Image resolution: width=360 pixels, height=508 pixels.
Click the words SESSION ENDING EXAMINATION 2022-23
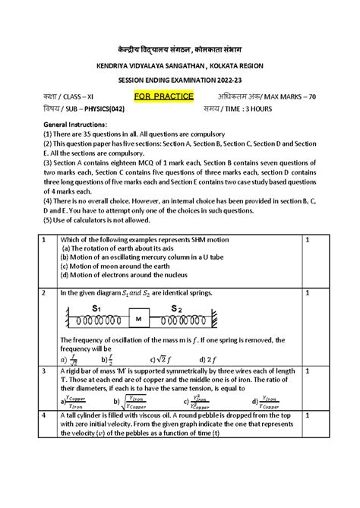pos(179,80)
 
